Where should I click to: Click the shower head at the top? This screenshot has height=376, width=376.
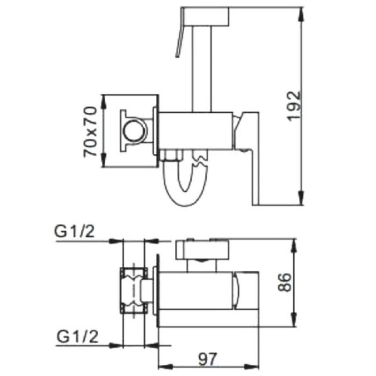click(x=205, y=17)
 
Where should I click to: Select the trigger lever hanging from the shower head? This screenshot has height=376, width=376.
click(x=179, y=42)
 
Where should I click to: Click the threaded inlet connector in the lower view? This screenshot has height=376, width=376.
click(x=134, y=290)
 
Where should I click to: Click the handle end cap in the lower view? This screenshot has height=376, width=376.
click(x=240, y=290)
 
